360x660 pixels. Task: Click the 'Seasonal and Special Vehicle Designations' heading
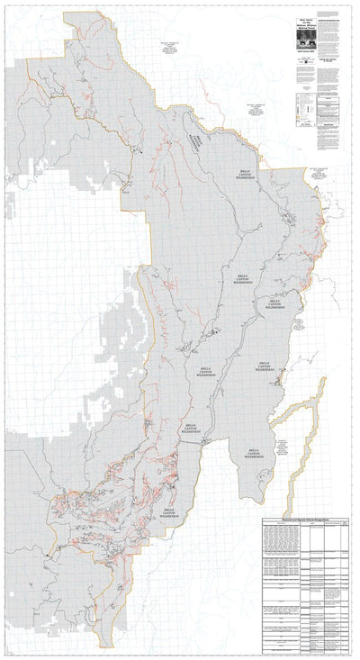(306, 521)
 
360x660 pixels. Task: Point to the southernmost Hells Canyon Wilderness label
(167, 513)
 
